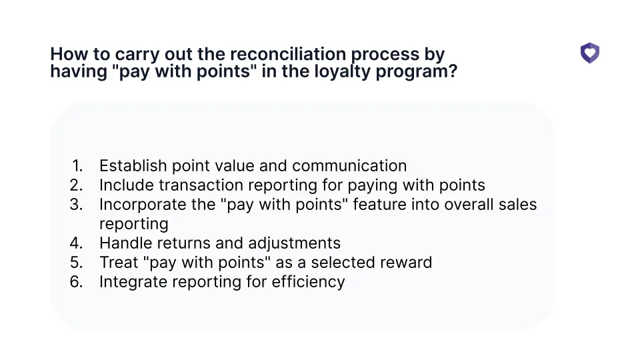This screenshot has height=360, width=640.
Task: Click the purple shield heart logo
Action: [x=589, y=53]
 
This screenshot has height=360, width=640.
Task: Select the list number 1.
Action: [x=78, y=166]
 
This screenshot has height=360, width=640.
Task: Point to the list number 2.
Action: [x=77, y=185]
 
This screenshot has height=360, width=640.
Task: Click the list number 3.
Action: [x=77, y=205]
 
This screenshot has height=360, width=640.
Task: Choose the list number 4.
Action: [x=77, y=243]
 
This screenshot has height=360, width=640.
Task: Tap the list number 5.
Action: [x=77, y=263]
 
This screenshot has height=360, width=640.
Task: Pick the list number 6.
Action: [x=77, y=282]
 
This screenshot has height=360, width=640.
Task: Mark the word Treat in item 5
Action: [x=119, y=263]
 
